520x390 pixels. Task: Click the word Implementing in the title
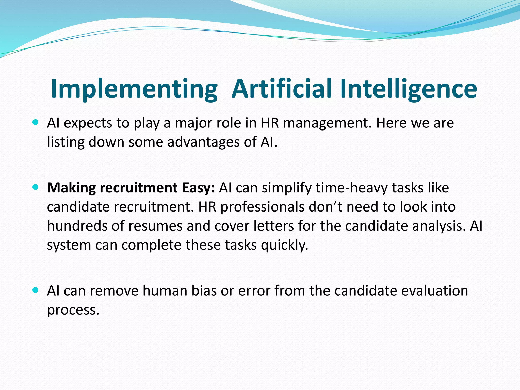click(134, 89)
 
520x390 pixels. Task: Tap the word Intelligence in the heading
click(409, 89)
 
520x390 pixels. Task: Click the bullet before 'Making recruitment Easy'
click(36, 187)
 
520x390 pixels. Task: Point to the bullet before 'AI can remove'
click(36, 290)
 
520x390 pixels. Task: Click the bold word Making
click(71, 188)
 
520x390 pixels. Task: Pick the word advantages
click(203, 142)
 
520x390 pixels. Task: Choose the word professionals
click(262, 207)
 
